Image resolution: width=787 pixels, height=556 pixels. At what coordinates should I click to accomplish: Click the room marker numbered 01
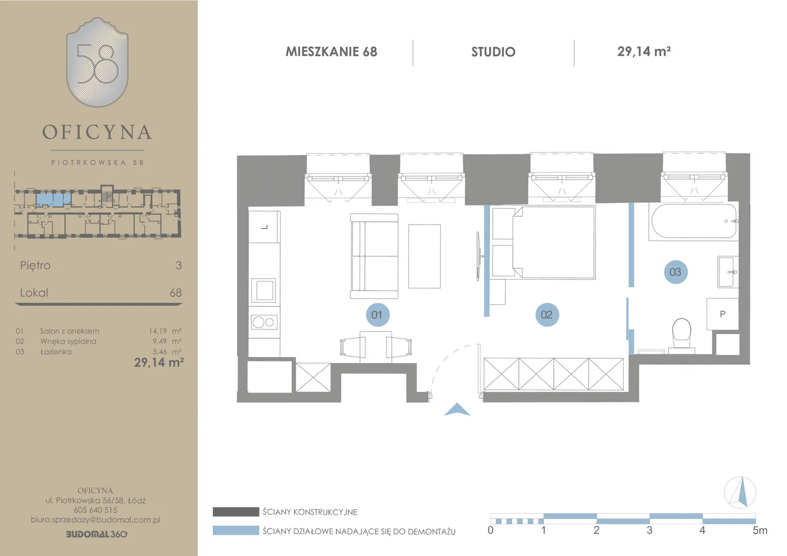[x=378, y=315]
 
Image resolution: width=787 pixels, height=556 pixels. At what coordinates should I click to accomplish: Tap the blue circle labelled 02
[x=547, y=315]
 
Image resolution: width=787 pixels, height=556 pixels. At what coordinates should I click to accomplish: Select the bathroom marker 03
[x=676, y=272]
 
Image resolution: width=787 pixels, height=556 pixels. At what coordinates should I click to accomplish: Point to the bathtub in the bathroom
[x=694, y=221]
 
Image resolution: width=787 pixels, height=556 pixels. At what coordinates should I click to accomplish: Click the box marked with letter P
[x=723, y=314]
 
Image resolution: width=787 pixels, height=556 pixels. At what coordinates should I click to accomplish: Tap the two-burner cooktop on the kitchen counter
[x=264, y=322]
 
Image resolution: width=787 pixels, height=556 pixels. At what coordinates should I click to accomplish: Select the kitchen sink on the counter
[x=264, y=290]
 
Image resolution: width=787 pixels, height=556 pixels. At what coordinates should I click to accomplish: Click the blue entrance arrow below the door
[x=457, y=410]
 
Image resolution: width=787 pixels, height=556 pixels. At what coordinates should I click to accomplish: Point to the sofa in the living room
[x=374, y=256]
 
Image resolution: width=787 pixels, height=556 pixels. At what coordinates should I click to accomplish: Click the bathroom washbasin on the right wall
[x=728, y=272]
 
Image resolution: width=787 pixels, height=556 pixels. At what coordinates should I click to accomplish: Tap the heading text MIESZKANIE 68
[x=331, y=51]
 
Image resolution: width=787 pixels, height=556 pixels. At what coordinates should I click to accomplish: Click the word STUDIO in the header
[x=493, y=52]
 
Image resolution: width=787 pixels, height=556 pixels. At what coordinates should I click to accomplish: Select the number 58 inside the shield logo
[x=97, y=64]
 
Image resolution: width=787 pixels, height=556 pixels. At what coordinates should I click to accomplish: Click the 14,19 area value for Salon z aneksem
[x=158, y=331]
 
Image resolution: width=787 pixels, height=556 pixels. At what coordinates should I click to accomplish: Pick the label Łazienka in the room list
[x=56, y=352]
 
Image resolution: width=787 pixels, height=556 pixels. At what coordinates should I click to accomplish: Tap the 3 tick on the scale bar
[x=649, y=530]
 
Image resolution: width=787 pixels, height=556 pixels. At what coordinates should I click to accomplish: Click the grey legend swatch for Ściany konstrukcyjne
[x=236, y=512]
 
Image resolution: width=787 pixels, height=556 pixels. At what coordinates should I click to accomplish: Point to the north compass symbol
[x=740, y=492]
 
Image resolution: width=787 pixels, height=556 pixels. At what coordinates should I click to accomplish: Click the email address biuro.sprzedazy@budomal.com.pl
[x=96, y=519]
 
